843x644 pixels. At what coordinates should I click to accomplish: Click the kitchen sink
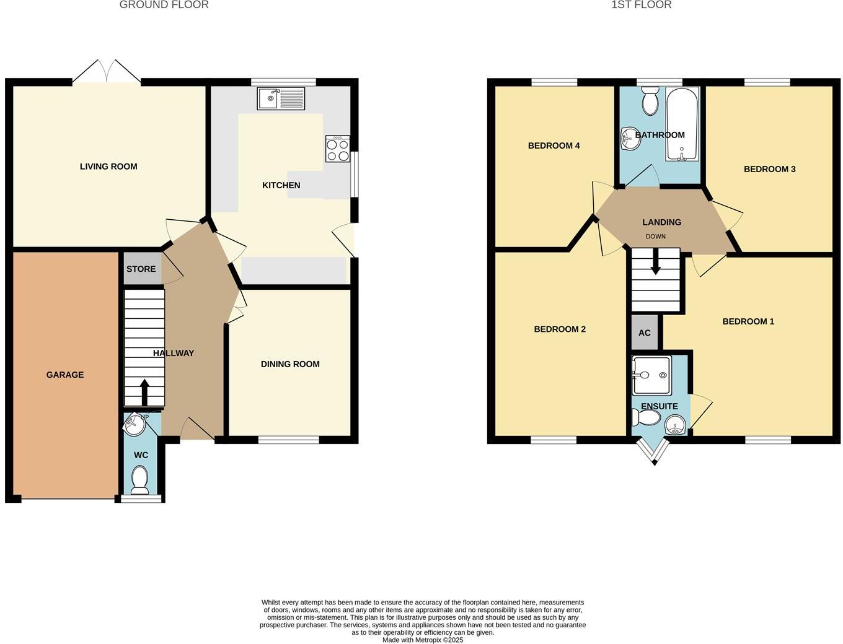281,98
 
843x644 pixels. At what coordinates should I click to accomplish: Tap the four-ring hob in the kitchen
337,149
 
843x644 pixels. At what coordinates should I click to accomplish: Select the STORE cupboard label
141,269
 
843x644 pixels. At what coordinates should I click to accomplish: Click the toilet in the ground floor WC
140,479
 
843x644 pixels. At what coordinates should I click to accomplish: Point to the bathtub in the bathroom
682,124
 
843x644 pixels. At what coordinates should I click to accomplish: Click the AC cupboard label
645,333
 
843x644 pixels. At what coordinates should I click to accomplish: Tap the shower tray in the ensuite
651,375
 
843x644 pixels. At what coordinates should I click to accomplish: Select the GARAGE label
65,375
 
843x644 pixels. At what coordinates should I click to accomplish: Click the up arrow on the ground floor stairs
144,391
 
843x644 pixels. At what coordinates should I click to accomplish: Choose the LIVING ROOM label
108,166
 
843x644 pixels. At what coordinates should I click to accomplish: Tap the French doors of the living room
107,72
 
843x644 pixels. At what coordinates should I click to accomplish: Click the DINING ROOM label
290,364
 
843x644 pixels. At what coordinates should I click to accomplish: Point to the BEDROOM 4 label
554,146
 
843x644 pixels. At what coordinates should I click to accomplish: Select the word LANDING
661,222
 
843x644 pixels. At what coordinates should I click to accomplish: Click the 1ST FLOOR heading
641,5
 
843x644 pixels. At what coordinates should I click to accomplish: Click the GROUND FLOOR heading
164,5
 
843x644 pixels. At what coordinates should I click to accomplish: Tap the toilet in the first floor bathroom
650,102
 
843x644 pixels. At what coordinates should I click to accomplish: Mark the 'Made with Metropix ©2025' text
423,640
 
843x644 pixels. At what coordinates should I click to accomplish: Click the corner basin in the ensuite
675,425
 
